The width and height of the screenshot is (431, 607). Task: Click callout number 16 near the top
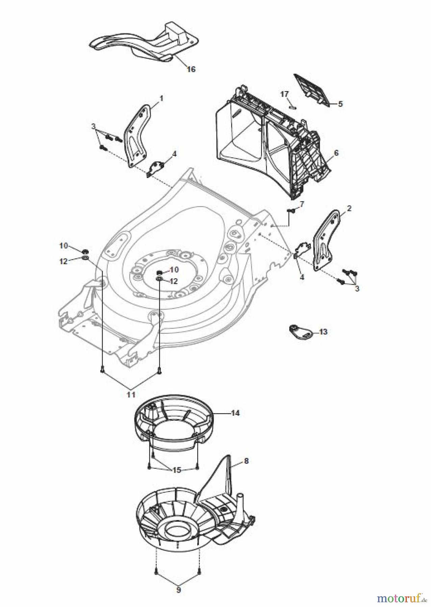[x=191, y=69]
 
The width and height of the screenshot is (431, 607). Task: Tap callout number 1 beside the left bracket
[x=161, y=98]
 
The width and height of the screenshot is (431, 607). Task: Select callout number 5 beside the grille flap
[x=340, y=104]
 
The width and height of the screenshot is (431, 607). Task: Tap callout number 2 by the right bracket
[x=349, y=208]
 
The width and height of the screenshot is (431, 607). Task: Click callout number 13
[x=323, y=332]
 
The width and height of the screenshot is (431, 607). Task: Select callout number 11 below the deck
[x=131, y=394]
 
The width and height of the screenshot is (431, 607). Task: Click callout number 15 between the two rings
[x=177, y=470]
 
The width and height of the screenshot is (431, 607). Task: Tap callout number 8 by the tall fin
[x=246, y=461]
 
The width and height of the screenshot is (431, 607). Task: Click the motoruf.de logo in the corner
[x=402, y=596]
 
